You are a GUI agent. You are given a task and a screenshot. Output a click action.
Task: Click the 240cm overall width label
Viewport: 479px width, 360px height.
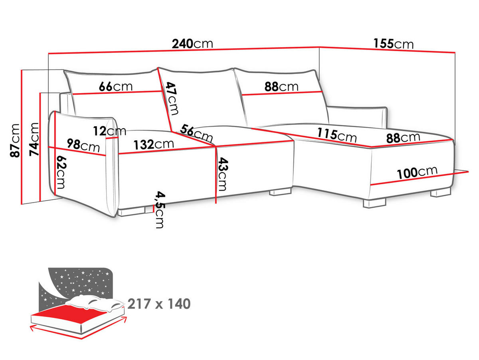192,44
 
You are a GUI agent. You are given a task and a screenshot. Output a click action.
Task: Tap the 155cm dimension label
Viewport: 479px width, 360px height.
394,44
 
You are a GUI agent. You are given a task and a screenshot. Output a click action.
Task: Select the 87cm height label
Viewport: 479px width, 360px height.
15,140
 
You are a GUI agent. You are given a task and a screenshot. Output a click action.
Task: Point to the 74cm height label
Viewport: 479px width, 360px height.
34,139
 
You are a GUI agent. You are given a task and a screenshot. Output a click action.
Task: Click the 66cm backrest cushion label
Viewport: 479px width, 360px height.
116,87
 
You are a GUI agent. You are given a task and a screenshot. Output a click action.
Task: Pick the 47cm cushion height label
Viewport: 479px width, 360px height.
172,98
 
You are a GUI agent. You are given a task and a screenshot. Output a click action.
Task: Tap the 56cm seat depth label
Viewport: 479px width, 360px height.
196,133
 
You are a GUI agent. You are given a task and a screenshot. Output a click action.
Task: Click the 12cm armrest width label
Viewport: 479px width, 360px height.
109,131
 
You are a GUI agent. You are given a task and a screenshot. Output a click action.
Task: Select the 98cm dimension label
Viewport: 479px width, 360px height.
83,145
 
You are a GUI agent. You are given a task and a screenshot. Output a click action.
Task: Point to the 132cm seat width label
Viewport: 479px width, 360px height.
154,144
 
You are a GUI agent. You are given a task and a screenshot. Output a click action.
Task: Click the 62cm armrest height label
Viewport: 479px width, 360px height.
61,172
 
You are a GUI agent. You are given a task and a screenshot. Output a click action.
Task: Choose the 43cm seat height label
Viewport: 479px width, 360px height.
223,174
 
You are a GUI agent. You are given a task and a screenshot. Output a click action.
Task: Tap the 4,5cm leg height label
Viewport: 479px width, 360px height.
160,210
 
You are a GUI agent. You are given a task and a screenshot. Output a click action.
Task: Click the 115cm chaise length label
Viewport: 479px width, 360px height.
337,135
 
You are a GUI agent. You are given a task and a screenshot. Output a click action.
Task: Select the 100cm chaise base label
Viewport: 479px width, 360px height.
417,172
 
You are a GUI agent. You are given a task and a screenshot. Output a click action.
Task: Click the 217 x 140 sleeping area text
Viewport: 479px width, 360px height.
159,304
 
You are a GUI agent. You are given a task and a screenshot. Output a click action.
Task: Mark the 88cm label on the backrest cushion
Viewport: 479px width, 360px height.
281,87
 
